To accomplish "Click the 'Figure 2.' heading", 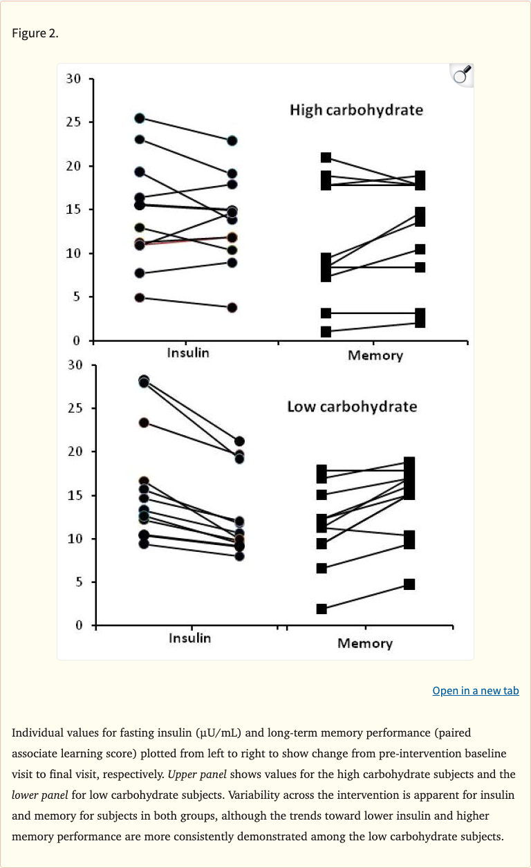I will pyautogui.click(x=35, y=33).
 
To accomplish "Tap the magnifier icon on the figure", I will pyautogui.click(x=461, y=75).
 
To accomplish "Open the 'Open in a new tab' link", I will pyautogui.click(x=475, y=690).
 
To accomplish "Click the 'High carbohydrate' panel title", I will pyautogui.click(x=356, y=110).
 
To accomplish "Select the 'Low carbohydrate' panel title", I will pyautogui.click(x=352, y=406).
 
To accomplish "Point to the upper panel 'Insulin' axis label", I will pyautogui.click(x=188, y=353).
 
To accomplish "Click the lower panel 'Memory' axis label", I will pyautogui.click(x=364, y=643).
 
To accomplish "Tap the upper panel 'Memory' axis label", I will pyautogui.click(x=375, y=355).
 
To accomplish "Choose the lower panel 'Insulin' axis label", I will pyautogui.click(x=189, y=638).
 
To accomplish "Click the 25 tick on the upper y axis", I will pyautogui.click(x=74, y=122).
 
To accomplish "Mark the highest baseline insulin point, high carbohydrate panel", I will pyautogui.click(x=140, y=118).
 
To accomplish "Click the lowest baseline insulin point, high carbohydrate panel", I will pyautogui.click(x=140, y=297).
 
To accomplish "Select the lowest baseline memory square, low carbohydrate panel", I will pyautogui.click(x=322, y=609).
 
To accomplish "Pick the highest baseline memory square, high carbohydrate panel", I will pyautogui.click(x=326, y=158).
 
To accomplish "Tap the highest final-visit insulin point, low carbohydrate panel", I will pyautogui.click(x=239, y=441).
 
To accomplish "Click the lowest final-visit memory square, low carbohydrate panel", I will pyautogui.click(x=409, y=584).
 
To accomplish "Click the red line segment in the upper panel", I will pyautogui.click(x=187, y=240).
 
